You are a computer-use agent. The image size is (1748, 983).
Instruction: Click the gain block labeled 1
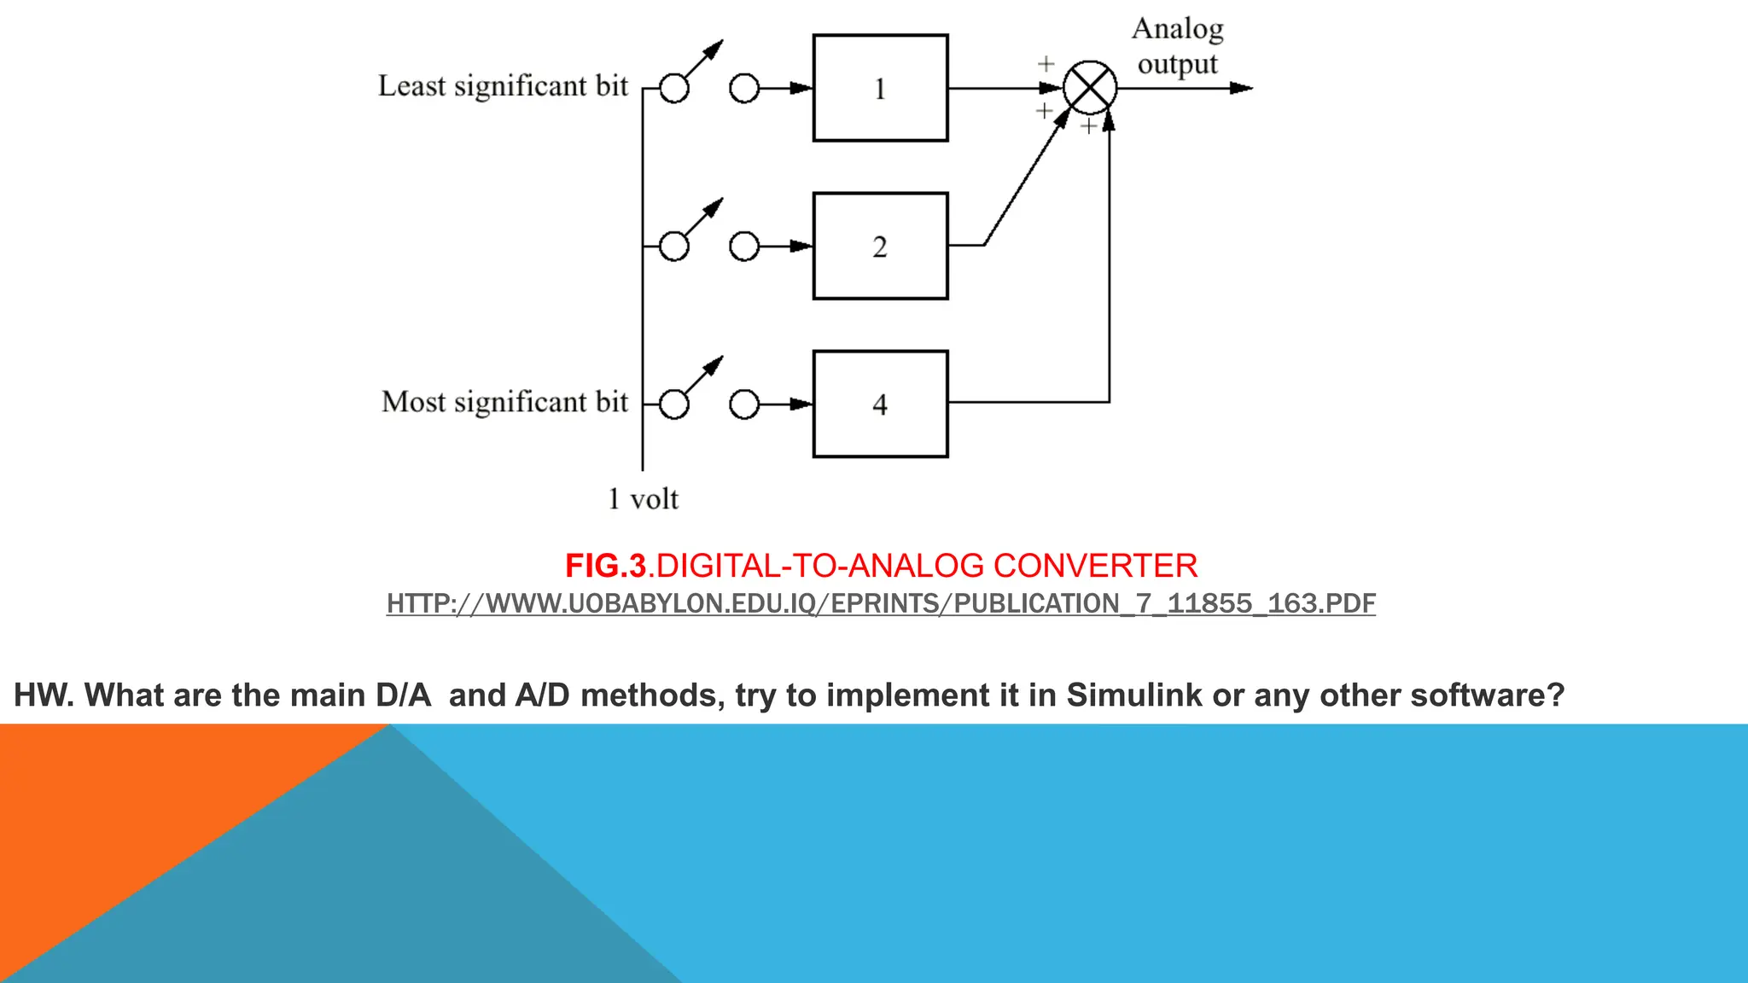pos(880,88)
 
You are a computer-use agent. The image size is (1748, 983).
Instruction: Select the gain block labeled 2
pos(880,246)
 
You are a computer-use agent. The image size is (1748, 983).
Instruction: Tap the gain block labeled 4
pos(880,404)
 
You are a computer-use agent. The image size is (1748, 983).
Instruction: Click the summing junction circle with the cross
pos(1090,87)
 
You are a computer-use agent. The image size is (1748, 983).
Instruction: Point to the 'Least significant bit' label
pos(503,86)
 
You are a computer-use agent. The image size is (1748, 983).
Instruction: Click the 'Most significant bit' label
pos(504,402)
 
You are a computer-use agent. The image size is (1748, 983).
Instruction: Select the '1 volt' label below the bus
pos(643,499)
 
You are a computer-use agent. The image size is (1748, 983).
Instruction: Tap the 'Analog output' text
pos(1177,46)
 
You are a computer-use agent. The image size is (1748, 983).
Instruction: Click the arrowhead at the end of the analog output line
pos(1242,88)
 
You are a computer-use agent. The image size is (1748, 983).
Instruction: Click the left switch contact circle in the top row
pos(674,89)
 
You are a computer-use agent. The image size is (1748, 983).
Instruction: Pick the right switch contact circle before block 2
pos(744,247)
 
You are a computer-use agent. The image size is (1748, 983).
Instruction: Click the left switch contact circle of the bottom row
pos(674,404)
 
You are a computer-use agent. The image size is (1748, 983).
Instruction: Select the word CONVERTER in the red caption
pos(1095,566)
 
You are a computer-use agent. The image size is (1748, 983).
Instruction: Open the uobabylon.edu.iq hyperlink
pos(880,603)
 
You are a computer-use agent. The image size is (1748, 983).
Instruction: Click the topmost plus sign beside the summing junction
pos(1046,64)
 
